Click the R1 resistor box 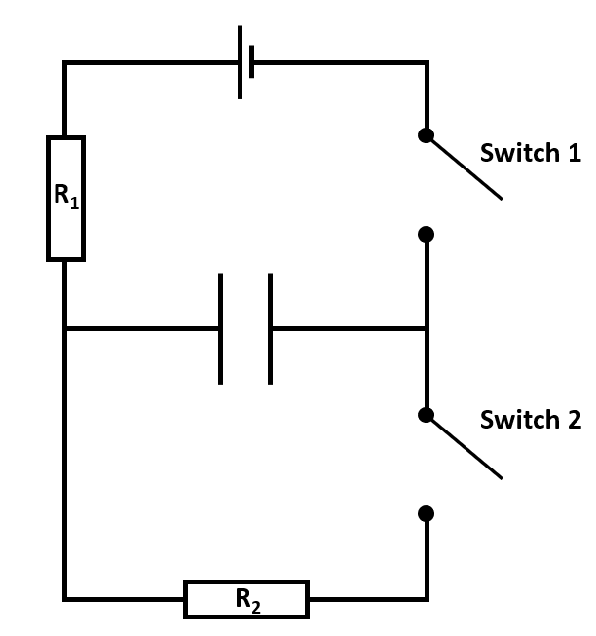(x=65, y=199)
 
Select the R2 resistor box (x=246, y=599)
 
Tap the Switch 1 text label (x=530, y=153)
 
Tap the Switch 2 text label (x=530, y=420)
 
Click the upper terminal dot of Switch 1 (x=426, y=135)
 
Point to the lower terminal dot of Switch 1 (x=426, y=234)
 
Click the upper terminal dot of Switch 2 (x=426, y=415)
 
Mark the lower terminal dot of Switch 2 (x=426, y=513)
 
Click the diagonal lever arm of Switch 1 (x=466, y=168)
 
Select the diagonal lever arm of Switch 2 (x=466, y=448)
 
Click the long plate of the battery (x=240, y=62)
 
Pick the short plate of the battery (x=252, y=62)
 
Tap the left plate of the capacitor (x=221, y=328)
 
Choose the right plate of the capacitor (x=270, y=328)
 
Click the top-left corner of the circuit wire (x=65, y=63)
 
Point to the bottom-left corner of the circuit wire (x=65, y=598)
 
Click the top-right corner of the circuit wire (x=426, y=63)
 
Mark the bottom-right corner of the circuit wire (x=426, y=598)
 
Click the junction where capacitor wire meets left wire (x=65, y=328)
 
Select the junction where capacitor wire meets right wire (x=426, y=328)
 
